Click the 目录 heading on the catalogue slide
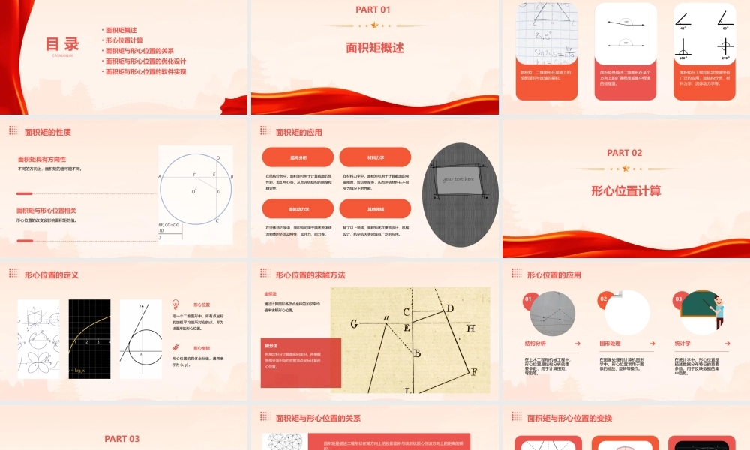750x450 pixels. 62,43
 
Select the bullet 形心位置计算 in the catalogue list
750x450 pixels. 124,40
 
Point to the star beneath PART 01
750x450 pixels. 374,25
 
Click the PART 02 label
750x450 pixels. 625,153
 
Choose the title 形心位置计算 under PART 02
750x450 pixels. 625,191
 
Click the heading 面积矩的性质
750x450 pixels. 48,133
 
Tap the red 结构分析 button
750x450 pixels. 298,157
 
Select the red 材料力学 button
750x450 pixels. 375,157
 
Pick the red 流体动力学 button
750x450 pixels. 298,208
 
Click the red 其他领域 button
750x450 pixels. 375,208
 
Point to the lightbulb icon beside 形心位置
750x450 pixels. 175,304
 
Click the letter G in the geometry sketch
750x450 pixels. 353,325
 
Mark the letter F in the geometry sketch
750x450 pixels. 472,371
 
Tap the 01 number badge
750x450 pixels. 529,299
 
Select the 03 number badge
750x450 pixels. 678,299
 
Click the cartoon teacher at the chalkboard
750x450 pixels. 715,309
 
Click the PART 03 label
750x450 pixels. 122,439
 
